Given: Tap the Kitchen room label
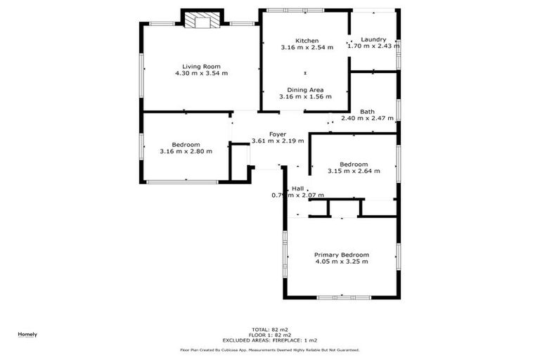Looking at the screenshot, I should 307,41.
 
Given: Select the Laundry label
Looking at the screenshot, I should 373,39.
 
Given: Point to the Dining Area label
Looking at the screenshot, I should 305,90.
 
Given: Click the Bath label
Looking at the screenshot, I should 367,112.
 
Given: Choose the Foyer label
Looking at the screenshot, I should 278,134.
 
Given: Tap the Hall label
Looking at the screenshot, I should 298,188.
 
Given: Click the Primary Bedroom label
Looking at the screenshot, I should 342,255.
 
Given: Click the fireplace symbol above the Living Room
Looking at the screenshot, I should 202,21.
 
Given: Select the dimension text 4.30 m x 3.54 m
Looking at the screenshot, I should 201,73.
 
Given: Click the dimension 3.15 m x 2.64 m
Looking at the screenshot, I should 354,171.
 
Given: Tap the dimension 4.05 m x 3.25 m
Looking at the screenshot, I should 342,262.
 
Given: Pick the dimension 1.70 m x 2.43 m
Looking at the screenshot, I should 373,46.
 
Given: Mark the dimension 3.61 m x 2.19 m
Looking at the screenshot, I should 278,141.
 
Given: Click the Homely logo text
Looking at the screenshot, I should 27,334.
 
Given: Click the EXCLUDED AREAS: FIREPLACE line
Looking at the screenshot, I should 270,340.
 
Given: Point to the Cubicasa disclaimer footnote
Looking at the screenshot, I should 270,349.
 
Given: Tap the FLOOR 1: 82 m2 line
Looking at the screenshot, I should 270,335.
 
